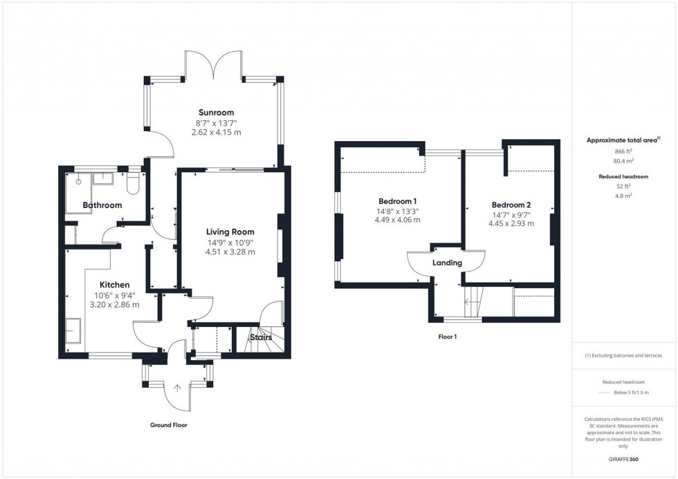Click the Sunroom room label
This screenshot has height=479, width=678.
[216, 112]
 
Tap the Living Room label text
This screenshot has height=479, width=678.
[230, 232]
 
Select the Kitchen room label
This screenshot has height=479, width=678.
[114, 285]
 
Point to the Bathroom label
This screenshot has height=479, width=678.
[102, 205]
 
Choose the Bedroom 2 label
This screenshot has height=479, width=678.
[511, 205]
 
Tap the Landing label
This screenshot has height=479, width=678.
[447, 263]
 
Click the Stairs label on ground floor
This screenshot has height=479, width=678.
[261, 337]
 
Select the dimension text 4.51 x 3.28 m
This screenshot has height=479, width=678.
[230, 252]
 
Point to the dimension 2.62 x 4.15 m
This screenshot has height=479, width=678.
[216, 132]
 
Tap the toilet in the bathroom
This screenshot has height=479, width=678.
[134, 182]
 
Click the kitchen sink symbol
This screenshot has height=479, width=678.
[73, 331]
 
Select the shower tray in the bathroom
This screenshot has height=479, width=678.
[78, 191]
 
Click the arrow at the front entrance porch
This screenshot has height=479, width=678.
[177, 388]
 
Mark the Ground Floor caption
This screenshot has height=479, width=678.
[168, 425]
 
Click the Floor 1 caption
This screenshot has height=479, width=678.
[447, 337]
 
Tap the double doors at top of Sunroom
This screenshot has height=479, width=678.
[213, 66]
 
